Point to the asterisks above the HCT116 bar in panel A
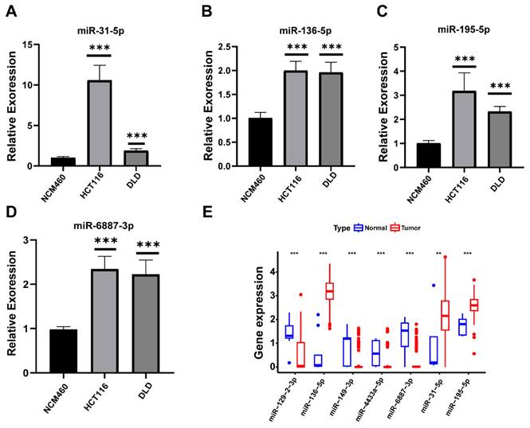100,49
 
